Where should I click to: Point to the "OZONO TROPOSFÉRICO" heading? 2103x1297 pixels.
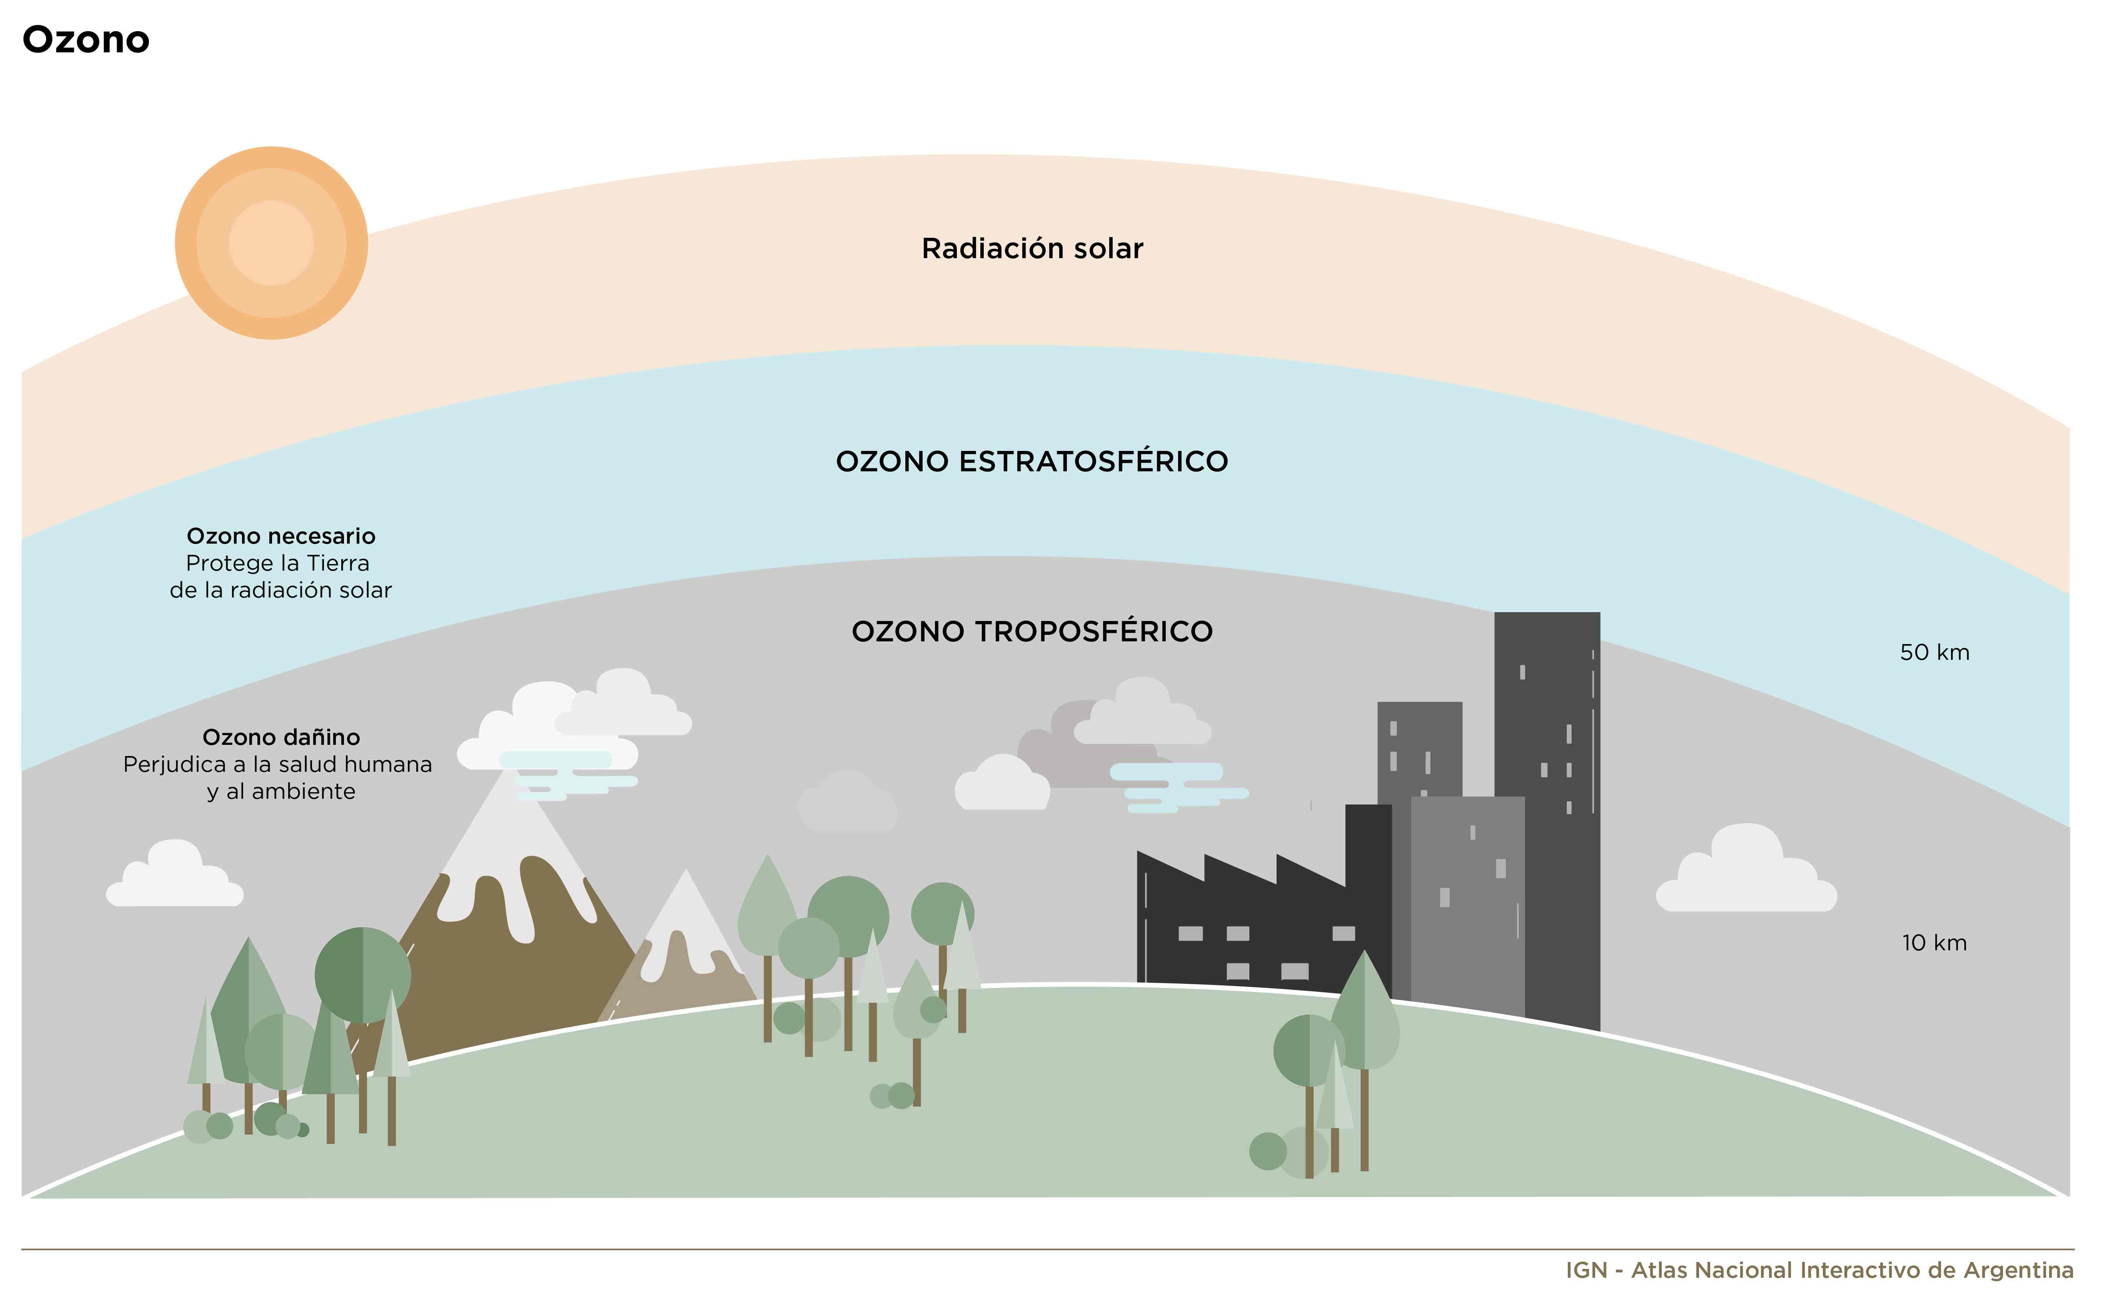pyautogui.click(x=1032, y=631)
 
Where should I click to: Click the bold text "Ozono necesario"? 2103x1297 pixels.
pyautogui.click(x=281, y=536)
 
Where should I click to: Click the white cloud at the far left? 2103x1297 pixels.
pyautogui.click(x=175, y=875)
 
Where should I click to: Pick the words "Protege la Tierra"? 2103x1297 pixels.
pyautogui.click(x=278, y=564)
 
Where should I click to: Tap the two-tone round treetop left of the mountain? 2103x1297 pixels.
pyautogui.click(x=363, y=975)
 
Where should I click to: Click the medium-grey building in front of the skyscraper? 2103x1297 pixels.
pyautogui.click(x=1468, y=905)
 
